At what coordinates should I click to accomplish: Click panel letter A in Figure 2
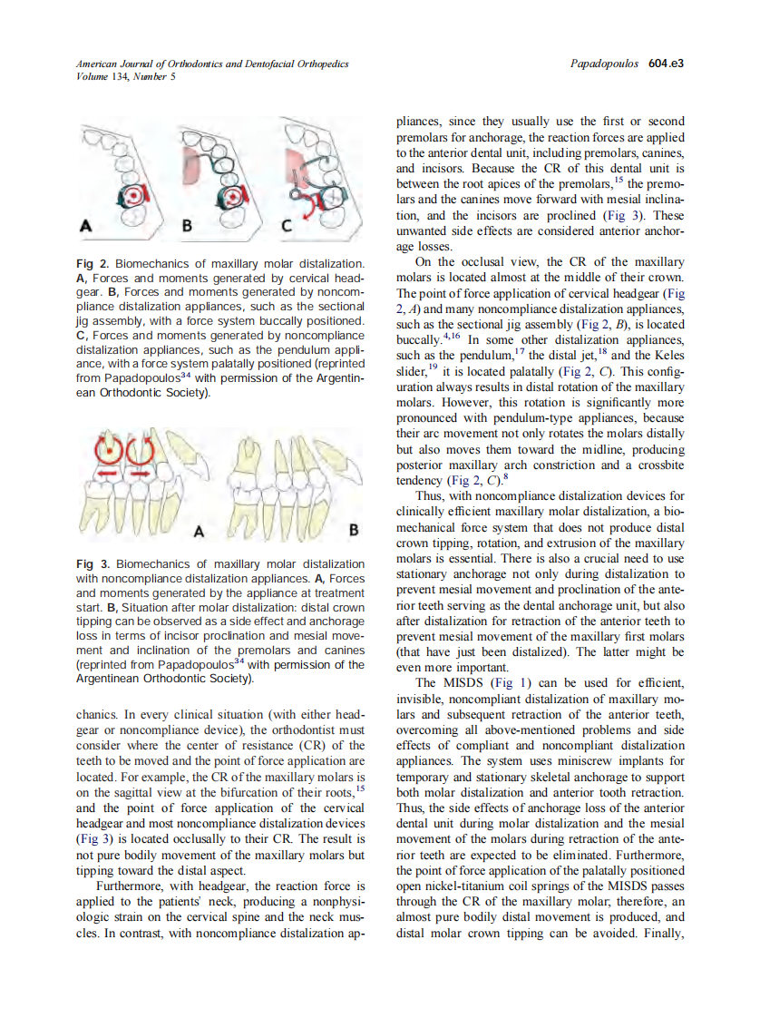click(88, 228)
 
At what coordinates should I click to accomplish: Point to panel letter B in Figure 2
click(189, 228)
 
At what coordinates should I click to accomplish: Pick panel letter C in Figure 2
click(285, 228)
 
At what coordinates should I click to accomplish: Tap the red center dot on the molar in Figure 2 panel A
click(133, 196)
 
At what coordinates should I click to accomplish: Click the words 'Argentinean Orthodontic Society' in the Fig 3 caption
click(163, 678)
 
